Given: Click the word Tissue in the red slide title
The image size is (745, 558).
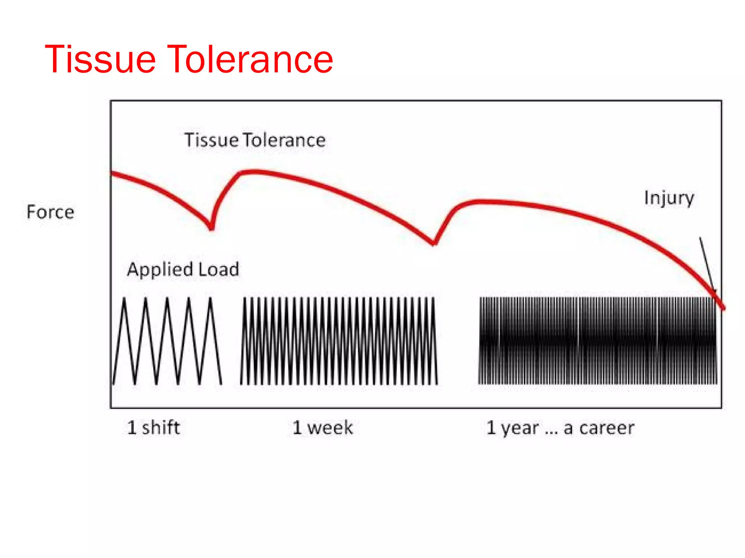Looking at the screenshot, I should click(x=100, y=59).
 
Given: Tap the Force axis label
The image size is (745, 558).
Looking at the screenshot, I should click(x=50, y=212).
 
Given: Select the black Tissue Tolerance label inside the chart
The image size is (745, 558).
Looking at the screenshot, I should click(x=255, y=140).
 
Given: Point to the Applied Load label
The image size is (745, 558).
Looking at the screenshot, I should click(x=183, y=270).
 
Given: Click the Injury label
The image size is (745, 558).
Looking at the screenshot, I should click(x=669, y=198).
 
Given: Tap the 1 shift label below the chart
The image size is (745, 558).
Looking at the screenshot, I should click(x=153, y=428).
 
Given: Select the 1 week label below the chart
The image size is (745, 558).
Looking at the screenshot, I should click(x=323, y=428).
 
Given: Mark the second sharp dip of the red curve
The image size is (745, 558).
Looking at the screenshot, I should click(x=434, y=243).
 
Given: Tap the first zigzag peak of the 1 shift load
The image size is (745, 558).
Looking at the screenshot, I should click(x=124, y=299).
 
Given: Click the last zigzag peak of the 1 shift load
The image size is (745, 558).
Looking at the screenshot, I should click(x=210, y=299).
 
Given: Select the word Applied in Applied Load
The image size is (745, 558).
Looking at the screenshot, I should click(x=160, y=270).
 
